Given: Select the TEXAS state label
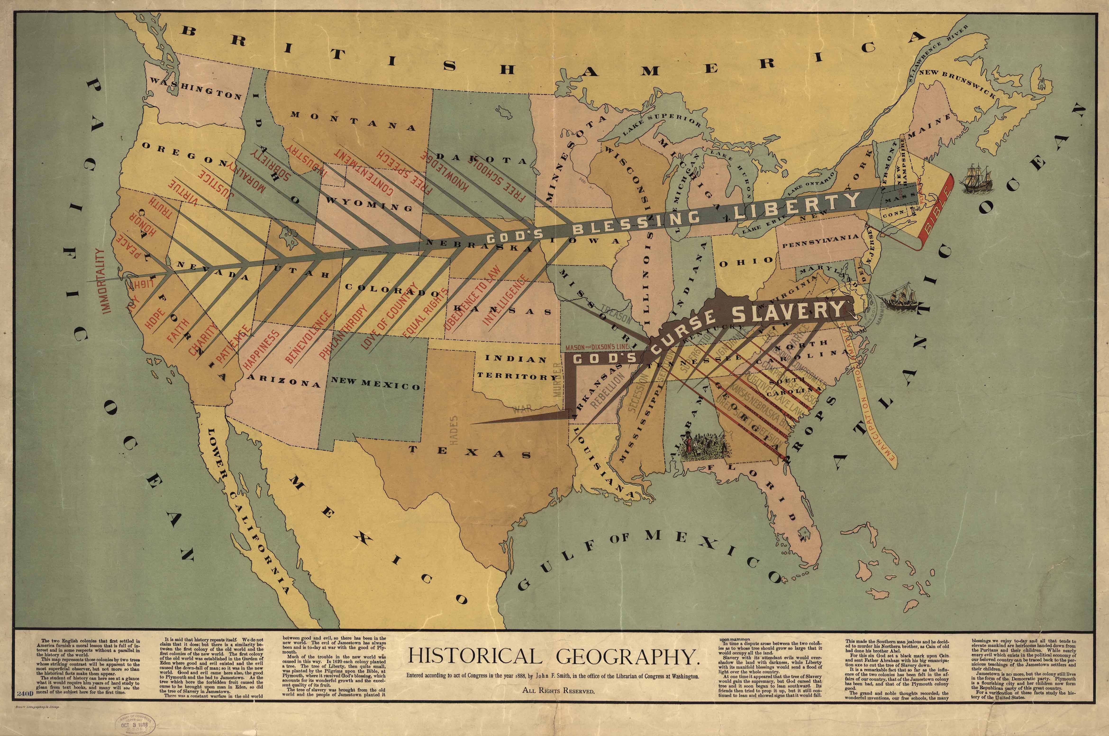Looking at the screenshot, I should coord(469,452).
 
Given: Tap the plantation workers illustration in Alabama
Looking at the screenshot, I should coord(704,444).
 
